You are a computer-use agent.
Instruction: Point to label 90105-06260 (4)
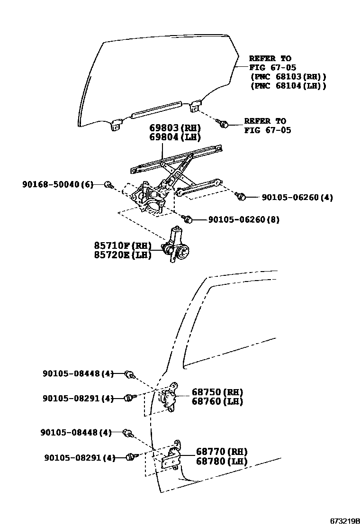pos(297,197)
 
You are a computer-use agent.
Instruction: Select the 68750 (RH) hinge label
pos(217,392)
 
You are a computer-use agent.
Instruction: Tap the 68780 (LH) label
pos(222,461)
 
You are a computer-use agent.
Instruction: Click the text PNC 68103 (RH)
pos(288,76)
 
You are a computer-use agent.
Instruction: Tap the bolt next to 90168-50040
pos(108,184)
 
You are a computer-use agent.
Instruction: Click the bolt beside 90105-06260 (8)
pos(187,218)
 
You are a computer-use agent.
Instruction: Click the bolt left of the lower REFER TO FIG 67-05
pos(224,124)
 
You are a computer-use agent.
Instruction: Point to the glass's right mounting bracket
pos(195,107)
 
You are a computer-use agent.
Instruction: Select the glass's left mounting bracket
pos(116,127)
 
